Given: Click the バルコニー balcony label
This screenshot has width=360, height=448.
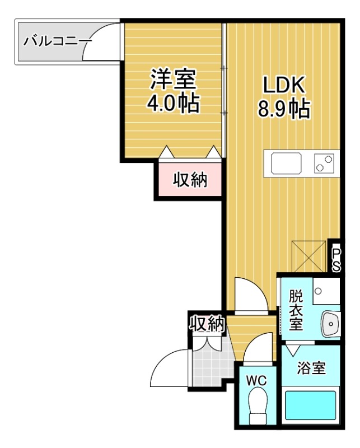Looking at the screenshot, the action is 58,41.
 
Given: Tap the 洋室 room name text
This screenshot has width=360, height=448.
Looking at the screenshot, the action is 174,79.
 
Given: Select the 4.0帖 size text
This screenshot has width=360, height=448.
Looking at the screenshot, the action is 173,103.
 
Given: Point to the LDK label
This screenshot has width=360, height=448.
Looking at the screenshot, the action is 284,85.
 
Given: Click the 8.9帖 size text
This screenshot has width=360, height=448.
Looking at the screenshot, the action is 284,109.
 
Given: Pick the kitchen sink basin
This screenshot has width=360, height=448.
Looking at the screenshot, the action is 286,163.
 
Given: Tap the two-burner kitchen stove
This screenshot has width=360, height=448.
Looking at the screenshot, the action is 324,163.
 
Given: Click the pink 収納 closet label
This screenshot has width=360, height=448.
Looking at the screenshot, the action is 190,180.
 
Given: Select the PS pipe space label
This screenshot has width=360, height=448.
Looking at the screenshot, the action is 336,260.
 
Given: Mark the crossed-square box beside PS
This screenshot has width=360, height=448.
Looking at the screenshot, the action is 308,256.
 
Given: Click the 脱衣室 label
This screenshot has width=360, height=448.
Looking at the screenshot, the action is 296,310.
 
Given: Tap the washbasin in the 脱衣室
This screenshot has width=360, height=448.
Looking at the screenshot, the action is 330,324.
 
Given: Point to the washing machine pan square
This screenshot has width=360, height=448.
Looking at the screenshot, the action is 326,291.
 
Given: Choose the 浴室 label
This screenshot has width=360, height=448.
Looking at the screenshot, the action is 311,368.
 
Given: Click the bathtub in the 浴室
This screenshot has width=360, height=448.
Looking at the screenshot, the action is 310,405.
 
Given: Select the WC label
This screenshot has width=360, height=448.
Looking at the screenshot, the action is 256,381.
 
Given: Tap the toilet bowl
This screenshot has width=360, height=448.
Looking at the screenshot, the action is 258,405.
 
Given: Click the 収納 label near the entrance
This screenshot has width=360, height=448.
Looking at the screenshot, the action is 207,324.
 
